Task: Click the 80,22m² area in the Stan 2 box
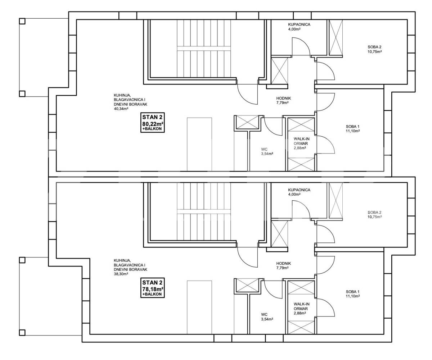(x=153, y=124)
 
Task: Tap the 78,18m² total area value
(x=153, y=289)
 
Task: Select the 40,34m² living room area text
(x=121, y=109)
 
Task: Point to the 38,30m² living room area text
(x=121, y=274)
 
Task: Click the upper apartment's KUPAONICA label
(x=299, y=24)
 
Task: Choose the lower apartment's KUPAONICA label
(x=299, y=190)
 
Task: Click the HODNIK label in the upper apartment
(x=283, y=99)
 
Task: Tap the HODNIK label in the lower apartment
(x=283, y=264)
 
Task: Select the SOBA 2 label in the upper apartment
(x=374, y=47)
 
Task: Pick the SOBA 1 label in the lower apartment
(x=353, y=292)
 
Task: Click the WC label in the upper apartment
(x=264, y=149)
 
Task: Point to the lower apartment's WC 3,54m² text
(x=267, y=317)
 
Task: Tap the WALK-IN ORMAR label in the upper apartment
(x=302, y=141)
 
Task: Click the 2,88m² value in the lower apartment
(x=300, y=313)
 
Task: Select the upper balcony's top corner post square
(x=22, y=21)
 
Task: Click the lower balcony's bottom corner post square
(x=22, y=333)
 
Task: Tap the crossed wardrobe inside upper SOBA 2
(x=336, y=38)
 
